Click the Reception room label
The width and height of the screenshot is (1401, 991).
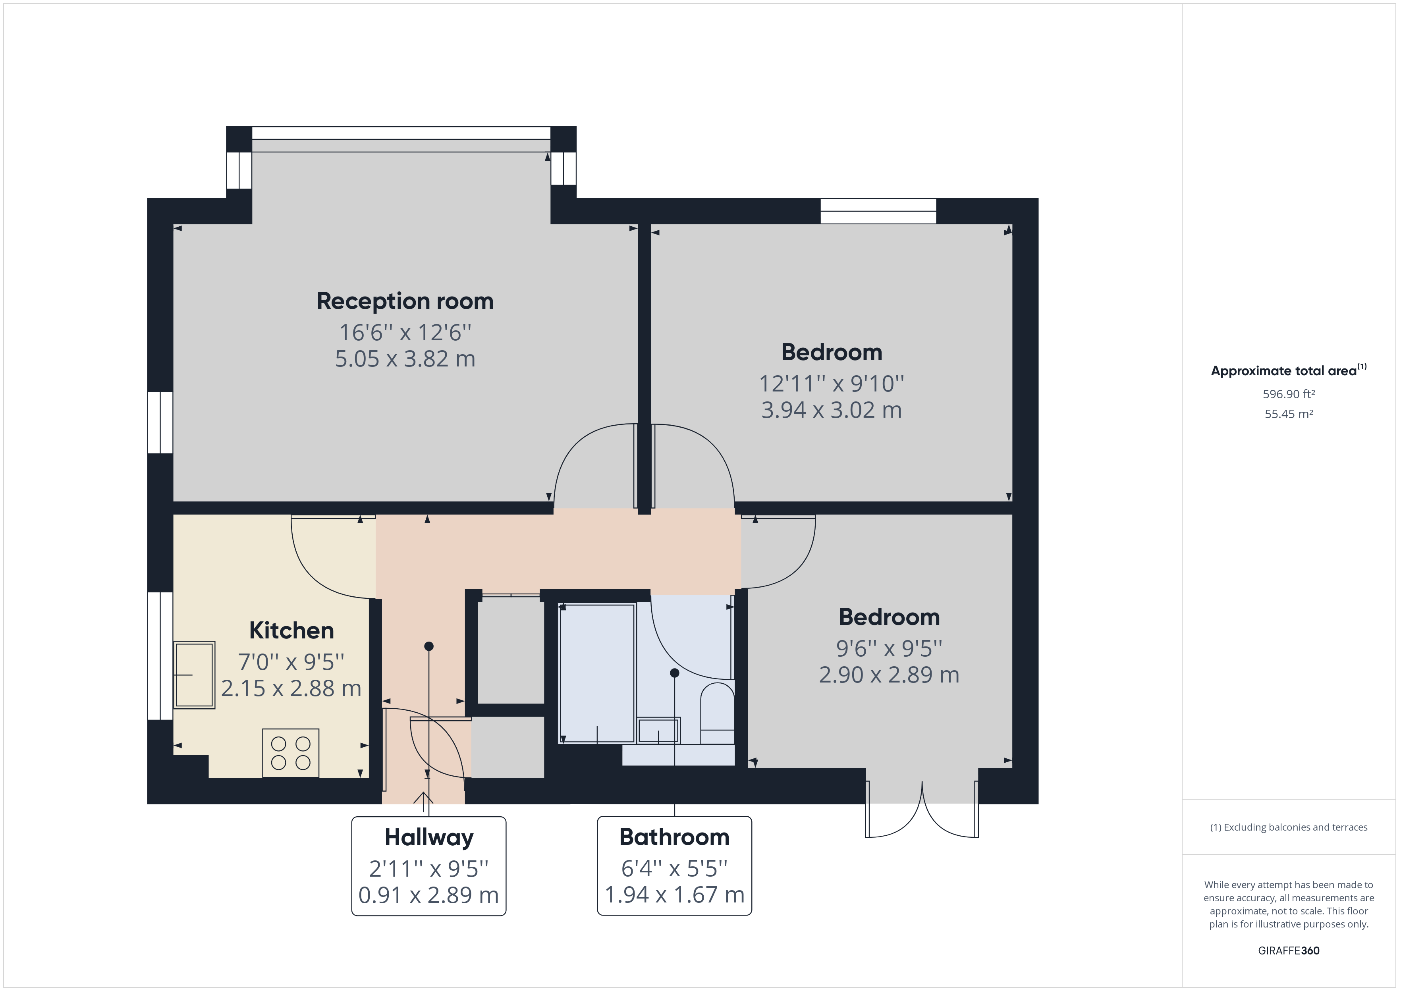click(405, 301)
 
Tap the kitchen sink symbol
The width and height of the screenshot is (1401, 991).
click(194, 674)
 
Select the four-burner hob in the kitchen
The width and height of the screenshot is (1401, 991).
click(290, 753)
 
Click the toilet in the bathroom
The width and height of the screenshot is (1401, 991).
click(717, 714)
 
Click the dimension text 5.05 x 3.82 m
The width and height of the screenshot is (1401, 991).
click(405, 359)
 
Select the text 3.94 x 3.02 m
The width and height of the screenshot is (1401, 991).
click(831, 410)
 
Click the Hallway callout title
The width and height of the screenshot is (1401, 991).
click(428, 837)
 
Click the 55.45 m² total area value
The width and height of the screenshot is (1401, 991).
click(1288, 414)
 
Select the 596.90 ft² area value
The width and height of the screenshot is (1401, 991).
click(1288, 394)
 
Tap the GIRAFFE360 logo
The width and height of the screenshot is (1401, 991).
click(1288, 950)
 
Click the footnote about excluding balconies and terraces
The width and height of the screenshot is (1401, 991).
click(1288, 827)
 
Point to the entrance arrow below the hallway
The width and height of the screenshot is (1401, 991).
click(423, 798)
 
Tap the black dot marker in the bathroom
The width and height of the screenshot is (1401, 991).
click(674, 673)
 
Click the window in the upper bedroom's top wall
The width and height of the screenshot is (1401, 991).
click(878, 211)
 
